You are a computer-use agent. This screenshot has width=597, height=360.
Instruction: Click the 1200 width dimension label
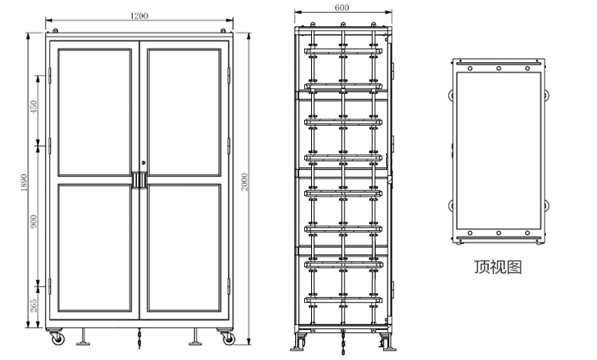click(x=139, y=16)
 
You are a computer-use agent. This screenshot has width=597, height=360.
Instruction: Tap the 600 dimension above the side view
click(x=342, y=8)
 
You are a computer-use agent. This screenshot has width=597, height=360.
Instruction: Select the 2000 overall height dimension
click(x=244, y=182)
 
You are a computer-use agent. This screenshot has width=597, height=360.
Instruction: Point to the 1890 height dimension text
click(x=24, y=182)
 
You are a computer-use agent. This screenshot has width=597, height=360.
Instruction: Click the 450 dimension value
click(x=34, y=107)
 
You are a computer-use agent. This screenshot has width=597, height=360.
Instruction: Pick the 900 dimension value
click(x=34, y=221)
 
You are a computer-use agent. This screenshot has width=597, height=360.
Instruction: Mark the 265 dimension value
click(x=34, y=305)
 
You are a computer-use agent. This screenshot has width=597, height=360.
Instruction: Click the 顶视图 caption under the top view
click(x=498, y=267)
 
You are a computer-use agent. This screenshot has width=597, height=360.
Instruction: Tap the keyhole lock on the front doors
click(x=143, y=162)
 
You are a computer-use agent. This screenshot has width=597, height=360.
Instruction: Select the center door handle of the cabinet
click(x=139, y=181)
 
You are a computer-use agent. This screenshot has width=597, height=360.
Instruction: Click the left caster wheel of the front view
click(x=57, y=338)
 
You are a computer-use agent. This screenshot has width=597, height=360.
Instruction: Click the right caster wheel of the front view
click(x=228, y=338)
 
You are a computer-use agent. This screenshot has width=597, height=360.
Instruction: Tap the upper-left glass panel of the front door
click(x=95, y=112)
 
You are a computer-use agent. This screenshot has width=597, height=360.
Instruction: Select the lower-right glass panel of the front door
click(x=185, y=248)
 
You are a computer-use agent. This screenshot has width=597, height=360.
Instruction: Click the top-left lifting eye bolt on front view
click(x=55, y=30)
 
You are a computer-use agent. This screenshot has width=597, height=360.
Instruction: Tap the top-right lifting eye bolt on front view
click(x=223, y=30)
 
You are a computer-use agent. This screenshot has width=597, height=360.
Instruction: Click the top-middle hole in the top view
click(x=498, y=68)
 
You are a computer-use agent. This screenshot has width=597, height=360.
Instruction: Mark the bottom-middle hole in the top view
click(x=498, y=233)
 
